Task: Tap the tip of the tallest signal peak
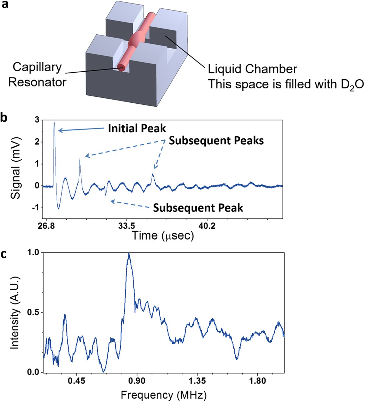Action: (x=54, y=122)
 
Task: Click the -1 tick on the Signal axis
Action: (x=35, y=208)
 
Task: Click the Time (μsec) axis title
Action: (x=162, y=236)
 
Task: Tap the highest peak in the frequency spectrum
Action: (x=129, y=254)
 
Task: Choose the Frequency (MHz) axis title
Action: (x=163, y=395)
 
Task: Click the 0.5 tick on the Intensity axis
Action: (x=33, y=313)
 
